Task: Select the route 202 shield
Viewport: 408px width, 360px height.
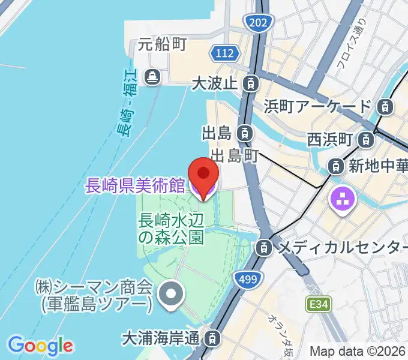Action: (x=259, y=23)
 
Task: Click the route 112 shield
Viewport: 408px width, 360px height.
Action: (x=225, y=54)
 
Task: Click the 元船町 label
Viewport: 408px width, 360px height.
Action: (x=163, y=44)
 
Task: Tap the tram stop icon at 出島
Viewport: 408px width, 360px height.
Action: (x=244, y=132)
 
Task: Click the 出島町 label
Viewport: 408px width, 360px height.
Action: (x=234, y=156)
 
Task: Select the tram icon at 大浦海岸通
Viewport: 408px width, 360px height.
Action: (x=212, y=338)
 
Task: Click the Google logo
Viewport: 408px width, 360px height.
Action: (x=40, y=346)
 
